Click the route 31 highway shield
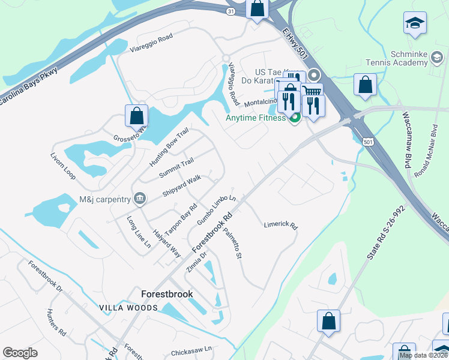pos(231,11)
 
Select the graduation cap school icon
pos(414,24)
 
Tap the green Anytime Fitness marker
pos(294,118)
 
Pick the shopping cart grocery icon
pos(312,91)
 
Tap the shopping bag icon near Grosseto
pos(136,115)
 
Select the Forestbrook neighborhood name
pos(167,294)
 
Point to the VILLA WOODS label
pos(130,308)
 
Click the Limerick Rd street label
pos(281,226)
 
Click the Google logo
pos(20,352)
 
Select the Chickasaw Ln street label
pos(192,349)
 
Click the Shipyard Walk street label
pos(181,187)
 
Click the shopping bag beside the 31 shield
pos(258,10)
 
